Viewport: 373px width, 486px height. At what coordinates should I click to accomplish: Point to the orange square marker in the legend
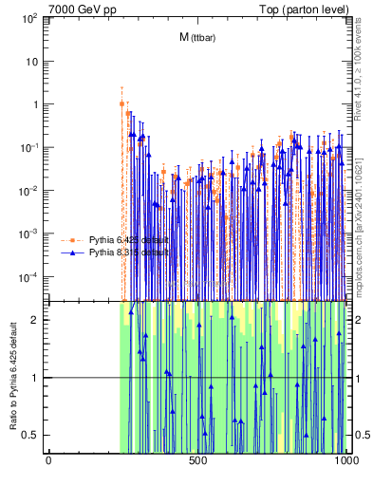[x=75, y=240]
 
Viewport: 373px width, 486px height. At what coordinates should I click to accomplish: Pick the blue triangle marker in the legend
[x=75, y=253]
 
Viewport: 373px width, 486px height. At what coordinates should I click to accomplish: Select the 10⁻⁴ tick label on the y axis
[x=30, y=276]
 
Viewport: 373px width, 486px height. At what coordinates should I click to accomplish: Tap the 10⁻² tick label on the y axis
[x=30, y=190]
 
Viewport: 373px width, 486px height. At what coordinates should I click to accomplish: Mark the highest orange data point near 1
[x=121, y=103]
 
